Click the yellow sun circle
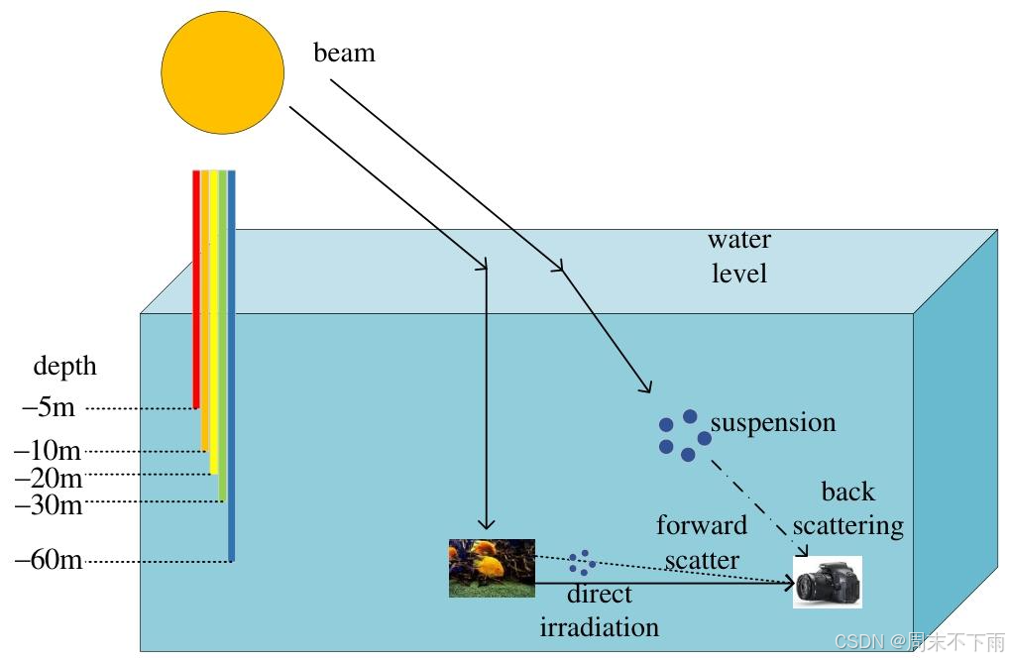click(223, 71)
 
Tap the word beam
click(344, 53)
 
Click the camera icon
click(827, 582)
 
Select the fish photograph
click(492, 568)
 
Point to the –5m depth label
click(49, 407)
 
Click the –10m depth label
click(48, 451)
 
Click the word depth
click(65, 366)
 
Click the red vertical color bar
click(196, 287)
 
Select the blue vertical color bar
click(232, 367)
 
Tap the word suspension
click(773, 423)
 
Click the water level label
click(739, 256)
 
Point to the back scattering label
click(847, 508)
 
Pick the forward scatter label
click(702, 542)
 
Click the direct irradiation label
click(600, 610)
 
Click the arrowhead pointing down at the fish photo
click(486, 524)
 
